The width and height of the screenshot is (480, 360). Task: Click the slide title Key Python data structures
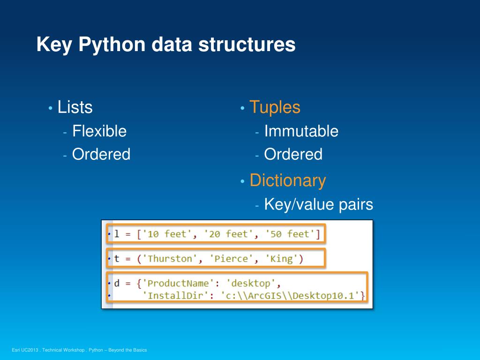click(x=166, y=45)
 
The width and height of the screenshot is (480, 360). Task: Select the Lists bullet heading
click(x=75, y=107)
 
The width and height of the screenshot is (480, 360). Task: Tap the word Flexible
click(x=99, y=131)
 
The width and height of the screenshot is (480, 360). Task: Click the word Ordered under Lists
click(x=101, y=154)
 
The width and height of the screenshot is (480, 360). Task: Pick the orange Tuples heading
click(x=275, y=107)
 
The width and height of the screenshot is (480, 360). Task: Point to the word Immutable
click(x=301, y=131)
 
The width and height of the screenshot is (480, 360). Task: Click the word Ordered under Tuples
click(x=293, y=154)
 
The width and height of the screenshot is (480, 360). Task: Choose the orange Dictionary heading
click(x=287, y=180)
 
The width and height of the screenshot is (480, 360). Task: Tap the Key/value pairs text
click(x=318, y=204)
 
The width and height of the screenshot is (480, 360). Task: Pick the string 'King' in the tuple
click(x=281, y=259)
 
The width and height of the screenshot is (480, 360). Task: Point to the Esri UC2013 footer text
click(x=80, y=350)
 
